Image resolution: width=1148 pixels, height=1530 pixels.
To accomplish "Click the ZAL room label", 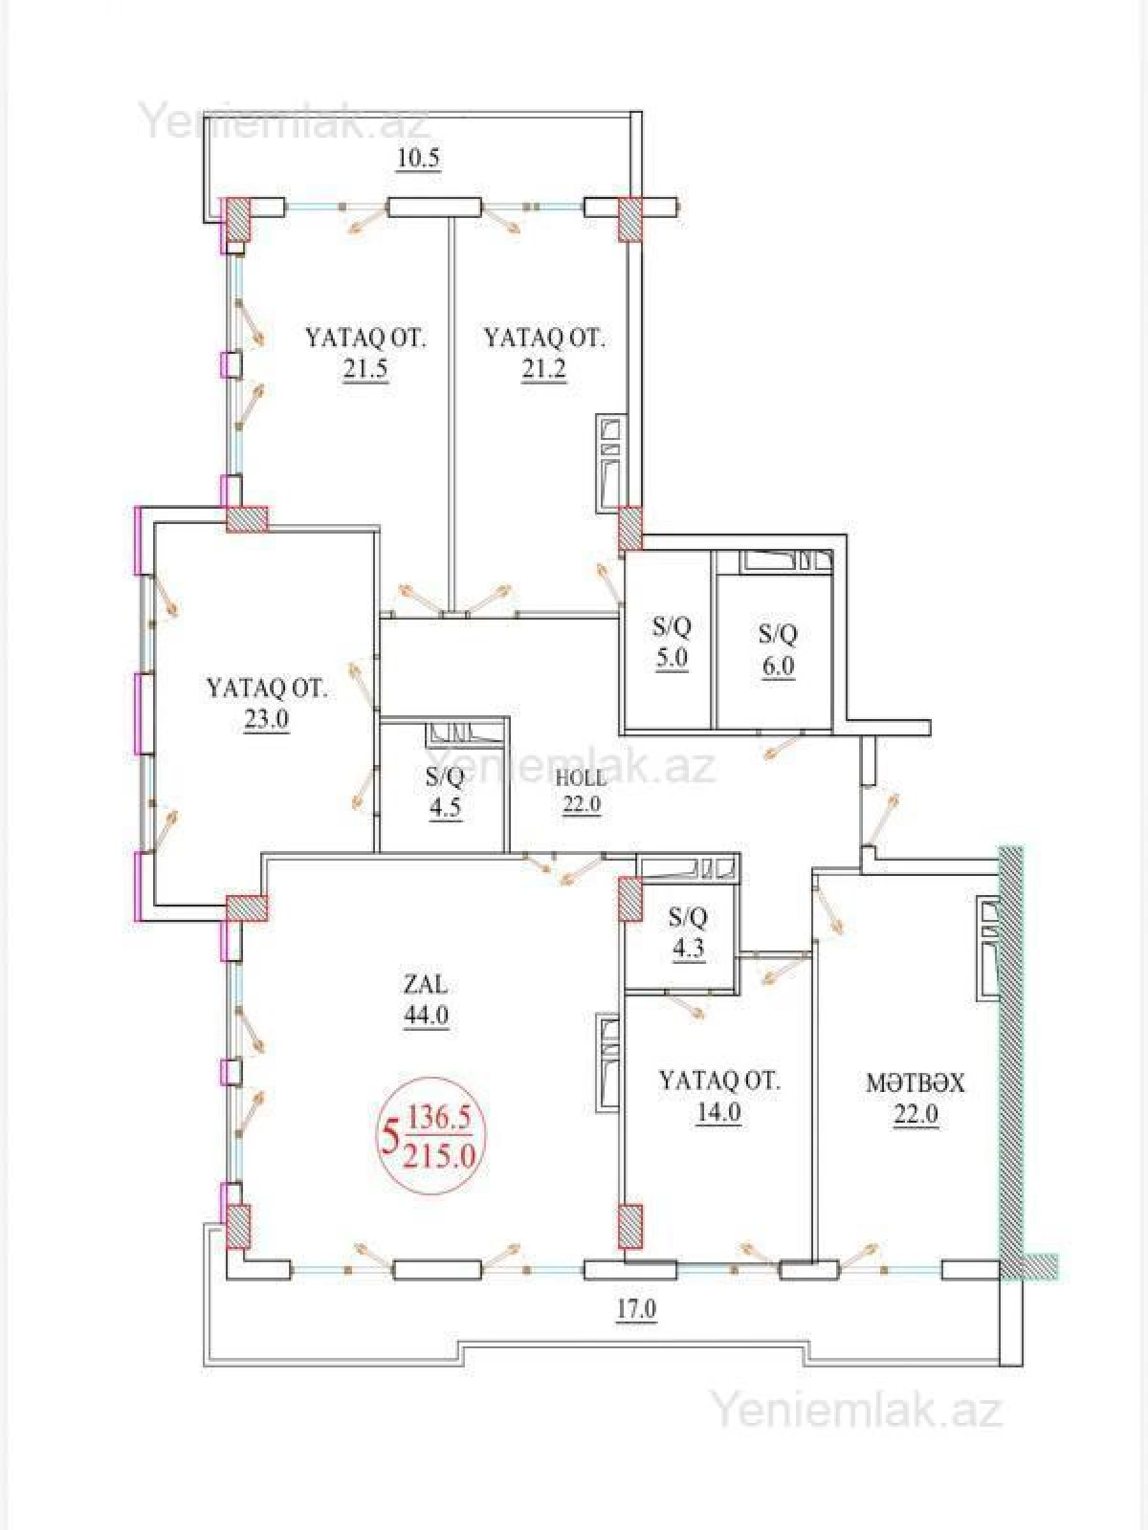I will coord(426,984).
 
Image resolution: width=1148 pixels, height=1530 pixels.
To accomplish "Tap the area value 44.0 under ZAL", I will coord(426,1016).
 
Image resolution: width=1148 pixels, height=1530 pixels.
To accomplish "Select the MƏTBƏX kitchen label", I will coord(915,1082).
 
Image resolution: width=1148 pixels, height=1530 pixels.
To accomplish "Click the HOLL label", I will coord(580,776).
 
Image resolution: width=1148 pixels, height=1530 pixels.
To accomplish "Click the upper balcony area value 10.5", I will coord(418,159).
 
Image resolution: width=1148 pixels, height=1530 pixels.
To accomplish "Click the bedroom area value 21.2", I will coord(543,370).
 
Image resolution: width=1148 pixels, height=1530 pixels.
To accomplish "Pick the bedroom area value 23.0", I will coord(266,719).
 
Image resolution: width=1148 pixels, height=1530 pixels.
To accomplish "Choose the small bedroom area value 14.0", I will coord(719,1112).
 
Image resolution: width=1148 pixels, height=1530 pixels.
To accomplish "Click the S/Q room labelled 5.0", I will coord(671,643).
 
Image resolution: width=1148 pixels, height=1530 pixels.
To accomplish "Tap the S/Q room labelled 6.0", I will coord(778,649).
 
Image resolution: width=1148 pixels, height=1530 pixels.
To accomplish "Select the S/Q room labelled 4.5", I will coord(445,792).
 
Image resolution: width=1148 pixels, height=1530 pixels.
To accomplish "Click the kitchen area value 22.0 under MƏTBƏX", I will coord(916,1114).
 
